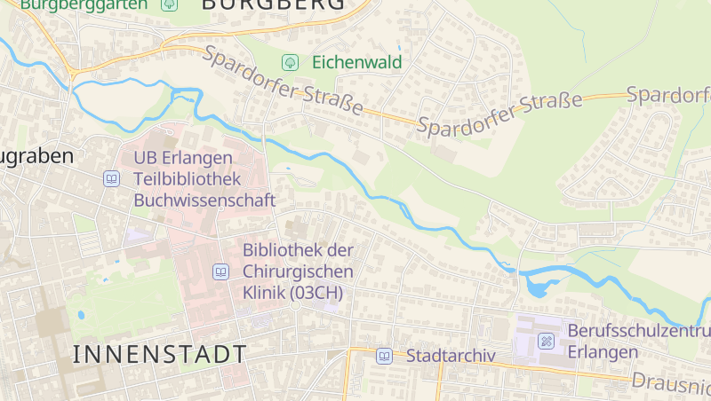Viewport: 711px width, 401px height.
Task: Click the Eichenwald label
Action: pos(356,62)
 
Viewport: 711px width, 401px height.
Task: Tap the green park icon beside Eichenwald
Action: pos(289,62)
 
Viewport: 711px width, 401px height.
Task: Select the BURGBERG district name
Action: pos(273,5)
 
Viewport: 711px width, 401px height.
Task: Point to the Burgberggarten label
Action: pos(84,4)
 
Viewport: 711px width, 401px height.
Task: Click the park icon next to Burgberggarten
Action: pos(169,4)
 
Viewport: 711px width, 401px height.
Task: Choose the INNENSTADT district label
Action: pos(159,355)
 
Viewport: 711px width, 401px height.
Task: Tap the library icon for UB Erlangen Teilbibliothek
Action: pos(112,179)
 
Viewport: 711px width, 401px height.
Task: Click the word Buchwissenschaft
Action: pos(204,200)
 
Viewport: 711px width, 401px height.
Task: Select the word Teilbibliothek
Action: pos(188,179)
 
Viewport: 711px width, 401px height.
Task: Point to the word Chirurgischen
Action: pos(298,271)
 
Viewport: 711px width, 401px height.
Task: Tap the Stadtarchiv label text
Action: pos(450,356)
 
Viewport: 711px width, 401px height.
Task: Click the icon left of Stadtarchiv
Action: pos(384,356)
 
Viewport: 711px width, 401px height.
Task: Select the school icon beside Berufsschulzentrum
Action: pos(546,341)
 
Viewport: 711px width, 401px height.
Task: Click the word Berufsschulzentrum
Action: pos(638,331)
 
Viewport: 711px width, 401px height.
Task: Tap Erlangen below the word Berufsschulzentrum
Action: pos(603,352)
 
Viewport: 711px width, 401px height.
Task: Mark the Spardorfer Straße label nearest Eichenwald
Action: pos(283,81)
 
